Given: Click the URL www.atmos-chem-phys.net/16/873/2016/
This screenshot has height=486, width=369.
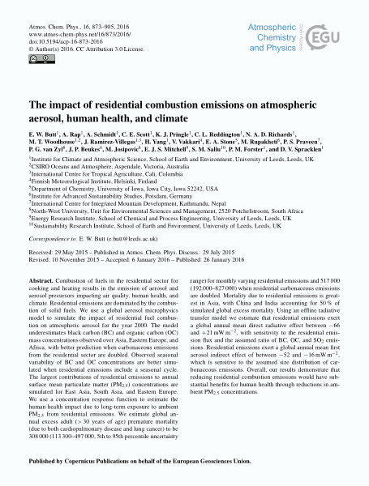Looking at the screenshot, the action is (80, 36).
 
